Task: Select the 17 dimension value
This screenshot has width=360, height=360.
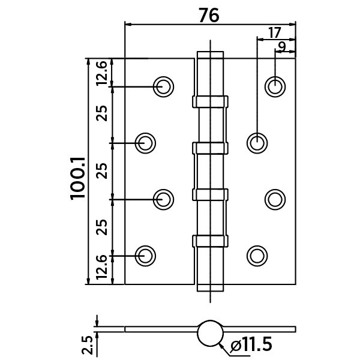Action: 275,32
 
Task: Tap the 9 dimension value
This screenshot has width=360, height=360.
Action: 282,47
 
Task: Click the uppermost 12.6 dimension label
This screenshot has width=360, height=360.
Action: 102,73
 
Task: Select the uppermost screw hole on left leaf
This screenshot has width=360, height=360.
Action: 163,86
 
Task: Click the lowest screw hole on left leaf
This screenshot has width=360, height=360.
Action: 145,255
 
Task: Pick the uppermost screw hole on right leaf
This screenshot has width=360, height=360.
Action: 275,86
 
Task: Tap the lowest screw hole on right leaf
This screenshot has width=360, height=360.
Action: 257,255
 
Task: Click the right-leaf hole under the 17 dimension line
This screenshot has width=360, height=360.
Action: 257,142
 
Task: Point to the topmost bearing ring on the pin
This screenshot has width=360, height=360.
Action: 210,100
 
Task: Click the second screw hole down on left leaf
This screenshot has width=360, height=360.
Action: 145,142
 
